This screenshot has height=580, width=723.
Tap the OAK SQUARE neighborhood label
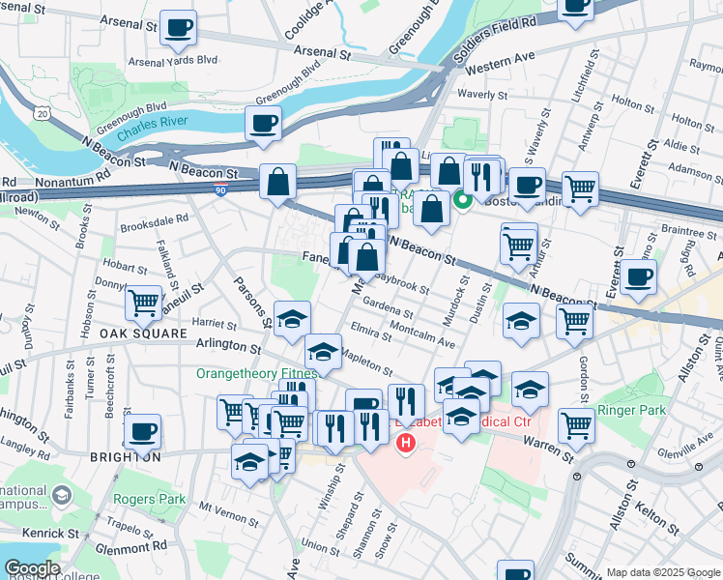tap(142, 333)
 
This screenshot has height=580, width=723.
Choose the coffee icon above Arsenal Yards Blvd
tap(178, 28)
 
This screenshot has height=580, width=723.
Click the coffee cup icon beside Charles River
tap(263, 124)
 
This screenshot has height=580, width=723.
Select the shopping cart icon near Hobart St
tap(143, 303)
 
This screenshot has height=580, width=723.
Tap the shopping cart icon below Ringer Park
tap(577, 423)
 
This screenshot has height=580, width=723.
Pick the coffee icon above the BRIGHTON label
tap(142, 430)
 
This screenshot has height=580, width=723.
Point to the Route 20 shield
tap(41, 114)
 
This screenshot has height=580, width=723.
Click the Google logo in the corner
tap(33, 568)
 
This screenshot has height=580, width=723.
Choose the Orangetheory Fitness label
tap(256, 373)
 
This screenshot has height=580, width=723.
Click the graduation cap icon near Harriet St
tap(292, 320)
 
